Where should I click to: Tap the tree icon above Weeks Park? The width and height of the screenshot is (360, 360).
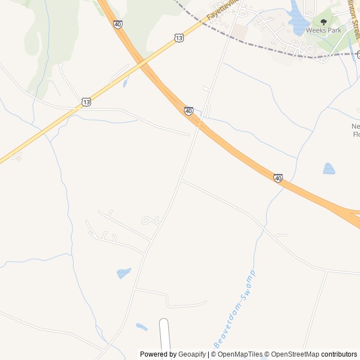tap(323, 22)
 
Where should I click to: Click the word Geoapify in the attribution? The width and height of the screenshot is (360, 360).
tap(192, 354)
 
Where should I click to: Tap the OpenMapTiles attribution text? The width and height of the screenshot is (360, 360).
tap(240, 354)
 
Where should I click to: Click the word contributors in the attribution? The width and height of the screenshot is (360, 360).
tap(339, 354)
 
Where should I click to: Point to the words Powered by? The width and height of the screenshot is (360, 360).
tap(158, 354)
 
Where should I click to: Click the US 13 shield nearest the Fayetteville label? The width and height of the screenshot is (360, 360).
tap(178, 38)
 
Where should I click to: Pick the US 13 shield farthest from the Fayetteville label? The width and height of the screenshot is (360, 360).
tap(85, 102)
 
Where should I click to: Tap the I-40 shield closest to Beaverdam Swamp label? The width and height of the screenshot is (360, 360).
tap(278, 178)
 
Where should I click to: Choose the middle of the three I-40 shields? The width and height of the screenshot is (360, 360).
tap(188, 111)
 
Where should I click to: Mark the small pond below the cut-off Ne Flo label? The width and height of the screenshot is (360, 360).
tap(329, 168)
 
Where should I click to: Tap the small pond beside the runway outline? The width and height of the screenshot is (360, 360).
tap(142, 326)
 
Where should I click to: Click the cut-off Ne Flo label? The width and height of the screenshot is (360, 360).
tap(355, 130)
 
